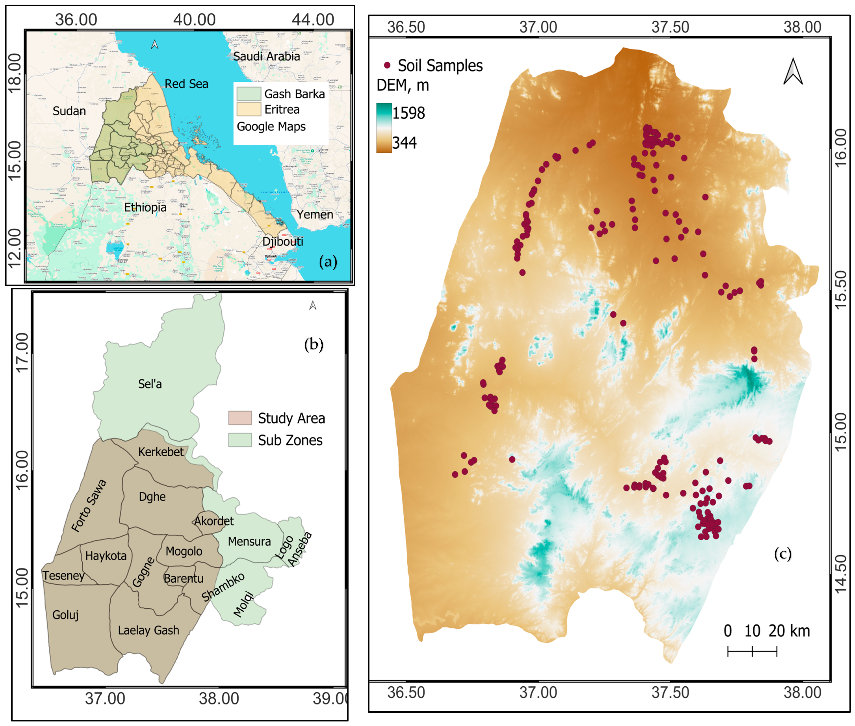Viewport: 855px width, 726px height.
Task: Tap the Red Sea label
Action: pyautogui.click(x=186, y=84)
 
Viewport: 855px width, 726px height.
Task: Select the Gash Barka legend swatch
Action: pyautogui.click(x=249, y=94)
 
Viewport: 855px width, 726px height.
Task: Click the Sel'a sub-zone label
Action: pyautogui.click(x=150, y=384)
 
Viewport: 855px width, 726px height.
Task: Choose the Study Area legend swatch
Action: pyautogui.click(x=240, y=418)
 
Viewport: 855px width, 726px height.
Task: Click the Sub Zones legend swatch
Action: pyautogui.click(x=240, y=440)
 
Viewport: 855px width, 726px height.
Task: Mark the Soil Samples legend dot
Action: pyautogui.click(x=387, y=65)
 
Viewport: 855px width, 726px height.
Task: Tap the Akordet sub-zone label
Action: pyautogui.click(x=214, y=521)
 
